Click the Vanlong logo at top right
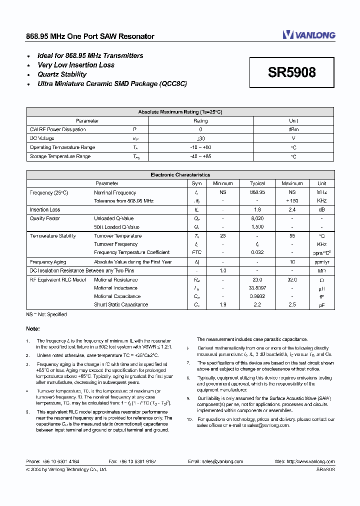click(308, 35)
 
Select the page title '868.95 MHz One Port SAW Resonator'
click(90, 36)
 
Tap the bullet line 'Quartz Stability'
click(62, 74)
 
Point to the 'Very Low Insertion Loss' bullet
click(76, 65)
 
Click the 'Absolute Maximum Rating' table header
click(180, 112)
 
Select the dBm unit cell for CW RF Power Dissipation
click(293, 129)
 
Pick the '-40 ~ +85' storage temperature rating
click(200, 156)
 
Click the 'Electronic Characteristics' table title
click(180, 175)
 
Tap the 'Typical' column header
click(257, 183)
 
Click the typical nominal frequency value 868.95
click(257, 192)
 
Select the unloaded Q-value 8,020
click(257, 218)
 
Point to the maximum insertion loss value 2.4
click(292, 210)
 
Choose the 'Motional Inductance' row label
click(115, 288)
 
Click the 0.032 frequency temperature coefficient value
click(257, 252)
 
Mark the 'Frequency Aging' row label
click(48, 262)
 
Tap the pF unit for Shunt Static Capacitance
click(321, 304)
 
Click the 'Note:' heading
click(33, 329)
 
